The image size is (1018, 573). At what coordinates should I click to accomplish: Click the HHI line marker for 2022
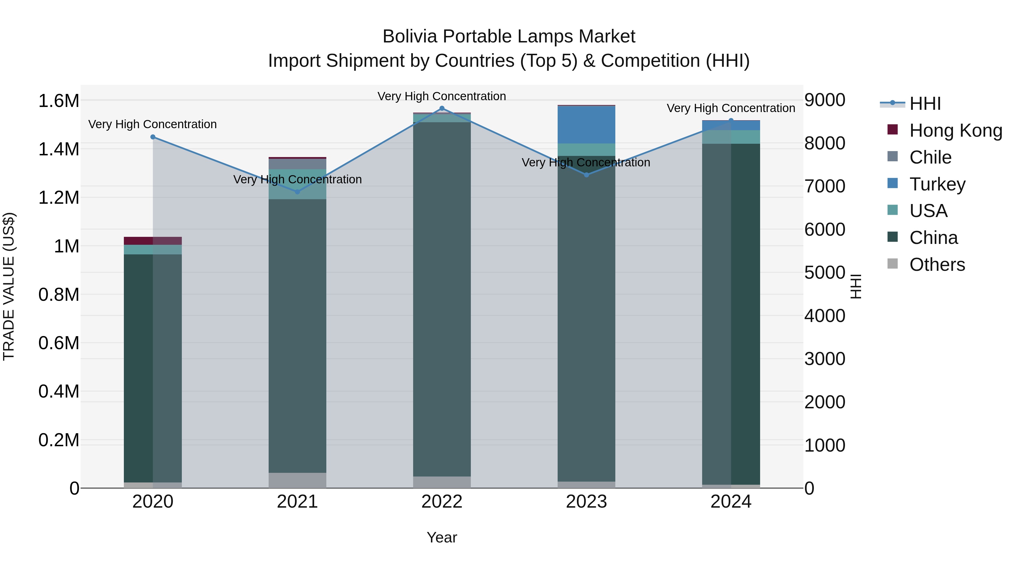click(442, 108)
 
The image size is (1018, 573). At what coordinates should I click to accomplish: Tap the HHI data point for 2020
click(153, 137)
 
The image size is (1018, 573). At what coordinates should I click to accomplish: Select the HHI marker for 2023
click(586, 175)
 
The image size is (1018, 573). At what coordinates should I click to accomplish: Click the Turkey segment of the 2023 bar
click(586, 125)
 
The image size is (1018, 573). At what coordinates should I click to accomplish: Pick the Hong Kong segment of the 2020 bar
click(153, 241)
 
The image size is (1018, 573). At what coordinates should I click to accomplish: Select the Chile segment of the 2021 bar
click(297, 164)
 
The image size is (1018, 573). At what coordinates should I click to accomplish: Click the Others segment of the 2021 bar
click(297, 480)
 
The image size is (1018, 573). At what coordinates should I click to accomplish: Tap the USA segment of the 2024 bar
click(731, 137)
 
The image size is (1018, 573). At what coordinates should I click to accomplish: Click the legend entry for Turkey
click(937, 184)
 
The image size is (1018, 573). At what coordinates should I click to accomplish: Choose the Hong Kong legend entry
click(955, 130)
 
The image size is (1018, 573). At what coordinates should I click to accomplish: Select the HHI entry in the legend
click(925, 104)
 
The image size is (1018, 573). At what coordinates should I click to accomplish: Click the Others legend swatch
click(892, 264)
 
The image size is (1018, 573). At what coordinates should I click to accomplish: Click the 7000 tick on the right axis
click(825, 186)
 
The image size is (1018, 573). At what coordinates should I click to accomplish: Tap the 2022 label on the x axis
click(442, 502)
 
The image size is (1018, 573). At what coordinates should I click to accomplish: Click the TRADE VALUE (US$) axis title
click(9, 286)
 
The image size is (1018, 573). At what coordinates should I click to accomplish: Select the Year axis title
click(442, 537)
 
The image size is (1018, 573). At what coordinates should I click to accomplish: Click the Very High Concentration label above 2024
click(731, 108)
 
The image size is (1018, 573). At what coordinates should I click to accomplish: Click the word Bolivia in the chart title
click(409, 37)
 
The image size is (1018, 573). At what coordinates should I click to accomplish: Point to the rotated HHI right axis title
click(856, 286)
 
